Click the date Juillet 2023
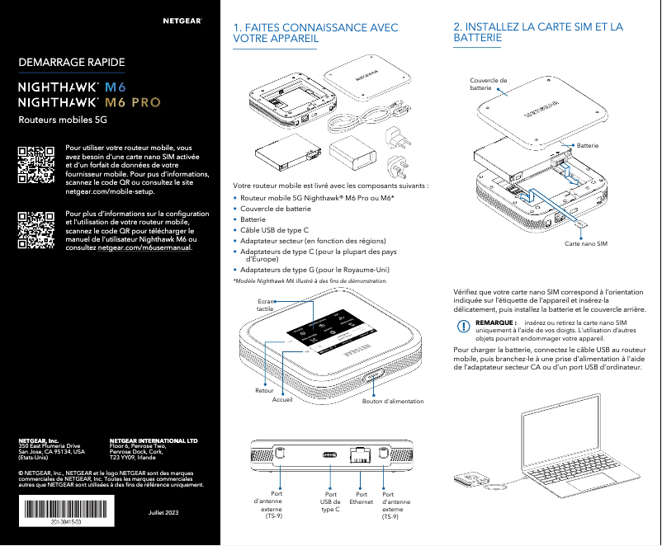click(162, 514)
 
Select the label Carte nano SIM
click(585, 245)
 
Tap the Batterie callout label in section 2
click(588, 145)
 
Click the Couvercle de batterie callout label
click(488, 83)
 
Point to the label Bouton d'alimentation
click(393, 402)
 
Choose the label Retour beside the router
click(264, 389)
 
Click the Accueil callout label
click(282, 399)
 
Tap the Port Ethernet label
click(362, 498)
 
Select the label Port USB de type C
click(330, 501)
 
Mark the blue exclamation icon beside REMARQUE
click(463, 326)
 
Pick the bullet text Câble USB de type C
click(275, 230)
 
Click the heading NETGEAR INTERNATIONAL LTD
click(154, 441)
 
